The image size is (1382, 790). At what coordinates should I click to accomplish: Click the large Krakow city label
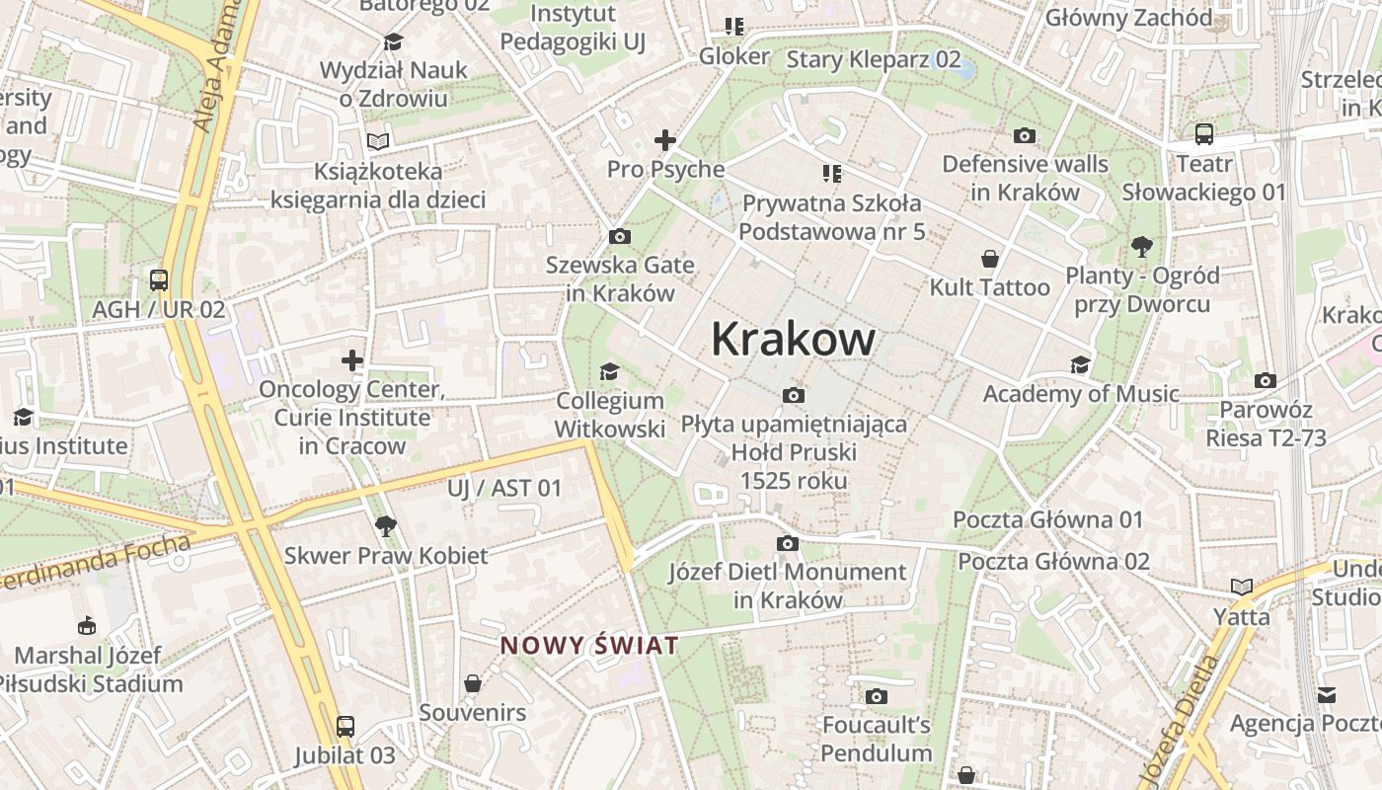(x=793, y=340)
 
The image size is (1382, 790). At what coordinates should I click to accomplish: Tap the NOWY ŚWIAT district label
(x=589, y=646)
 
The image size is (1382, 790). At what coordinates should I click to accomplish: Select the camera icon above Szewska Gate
(x=620, y=236)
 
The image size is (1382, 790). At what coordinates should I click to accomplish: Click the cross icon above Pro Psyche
(x=665, y=140)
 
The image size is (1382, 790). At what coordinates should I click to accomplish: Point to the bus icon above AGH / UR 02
(x=159, y=279)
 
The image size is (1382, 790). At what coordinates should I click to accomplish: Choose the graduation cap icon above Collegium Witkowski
(x=610, y=371)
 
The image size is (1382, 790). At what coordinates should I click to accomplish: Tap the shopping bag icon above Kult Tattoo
(x=990, y=259)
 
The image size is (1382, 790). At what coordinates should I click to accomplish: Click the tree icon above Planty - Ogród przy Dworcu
(x=1143, y=246)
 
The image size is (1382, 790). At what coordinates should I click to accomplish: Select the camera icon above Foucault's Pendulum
(x=876, y=696)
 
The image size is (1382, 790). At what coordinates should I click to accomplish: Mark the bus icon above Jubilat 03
(x=345, y=727)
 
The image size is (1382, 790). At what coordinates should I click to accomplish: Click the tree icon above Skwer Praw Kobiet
(x=386, y=526)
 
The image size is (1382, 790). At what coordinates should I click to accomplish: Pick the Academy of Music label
(x=1081, y=394)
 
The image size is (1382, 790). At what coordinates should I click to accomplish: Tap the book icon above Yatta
(x=1242, y=588)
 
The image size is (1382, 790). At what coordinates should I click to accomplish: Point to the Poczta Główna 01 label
(x=1047, y=519)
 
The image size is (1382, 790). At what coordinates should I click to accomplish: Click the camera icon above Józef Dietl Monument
(x=787, y=543)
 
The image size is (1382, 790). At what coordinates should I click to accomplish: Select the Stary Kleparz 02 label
(x=873, y=59)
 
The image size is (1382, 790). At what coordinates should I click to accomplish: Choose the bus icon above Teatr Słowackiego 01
(x=1204, y=134)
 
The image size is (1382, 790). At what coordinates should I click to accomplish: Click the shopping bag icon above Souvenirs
(x=473, y=683)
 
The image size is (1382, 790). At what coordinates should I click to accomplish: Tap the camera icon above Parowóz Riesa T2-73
(x=1266, y=380)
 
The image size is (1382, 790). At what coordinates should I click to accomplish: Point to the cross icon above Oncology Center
(x=352, y=359)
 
